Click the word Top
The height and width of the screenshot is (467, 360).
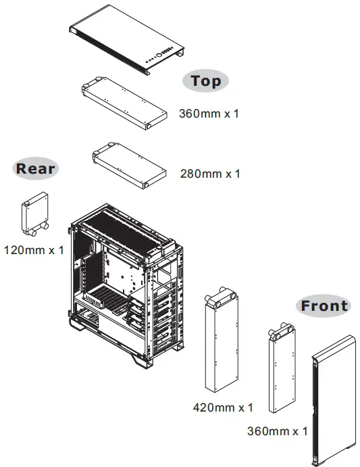click(205, 81)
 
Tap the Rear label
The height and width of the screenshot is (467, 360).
click(36, 168)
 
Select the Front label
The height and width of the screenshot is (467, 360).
click(324, 305)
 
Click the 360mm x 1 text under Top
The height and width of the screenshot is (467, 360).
click(209, 114)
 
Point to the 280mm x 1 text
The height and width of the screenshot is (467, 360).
click(209, 174)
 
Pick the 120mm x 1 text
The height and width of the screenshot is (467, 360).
click(34, 250)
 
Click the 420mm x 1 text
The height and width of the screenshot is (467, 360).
click(222, 408)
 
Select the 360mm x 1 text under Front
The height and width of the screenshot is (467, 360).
click(277, 430)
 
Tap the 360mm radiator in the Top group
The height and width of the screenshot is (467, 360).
click(124, 103)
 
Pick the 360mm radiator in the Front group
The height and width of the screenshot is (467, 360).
click(279, 368)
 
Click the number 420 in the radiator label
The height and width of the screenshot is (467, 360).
click(204, 408)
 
